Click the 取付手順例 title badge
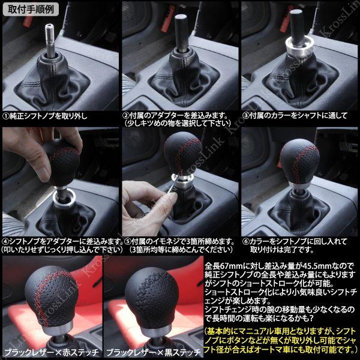[31, 10]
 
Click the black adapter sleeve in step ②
[182, 32]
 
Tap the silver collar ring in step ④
[64, 198]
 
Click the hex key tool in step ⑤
[171, 186]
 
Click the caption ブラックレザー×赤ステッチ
[52, 352]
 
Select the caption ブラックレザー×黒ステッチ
[154, 352]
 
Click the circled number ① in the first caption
[6, 116]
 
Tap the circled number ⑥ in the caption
[246, 242]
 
